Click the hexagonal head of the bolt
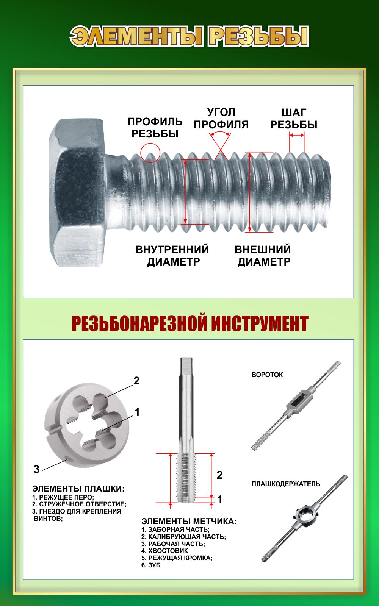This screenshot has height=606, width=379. point(78,193)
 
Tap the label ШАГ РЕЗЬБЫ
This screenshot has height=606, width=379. point(294,119)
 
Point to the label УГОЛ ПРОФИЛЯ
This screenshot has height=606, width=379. point(221,118)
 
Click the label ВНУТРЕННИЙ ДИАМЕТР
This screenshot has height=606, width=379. point(172,256)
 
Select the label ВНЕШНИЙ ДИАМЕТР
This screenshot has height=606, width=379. point(263,256)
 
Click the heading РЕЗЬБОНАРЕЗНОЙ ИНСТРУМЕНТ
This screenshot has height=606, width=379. point(190,323)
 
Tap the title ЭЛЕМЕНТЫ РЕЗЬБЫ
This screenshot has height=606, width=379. point(189,36)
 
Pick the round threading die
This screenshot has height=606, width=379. point(87,425)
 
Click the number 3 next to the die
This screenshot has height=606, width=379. point(36,469)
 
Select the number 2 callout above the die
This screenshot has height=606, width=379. point(136,381)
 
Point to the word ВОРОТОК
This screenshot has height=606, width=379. point(267,375)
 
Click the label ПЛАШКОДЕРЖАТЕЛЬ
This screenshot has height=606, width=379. point(286,484)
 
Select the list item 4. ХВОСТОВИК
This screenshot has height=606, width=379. point(164,551)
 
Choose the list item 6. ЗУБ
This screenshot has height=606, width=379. point(151,565)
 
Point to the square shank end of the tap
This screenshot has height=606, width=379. point(186,365)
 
